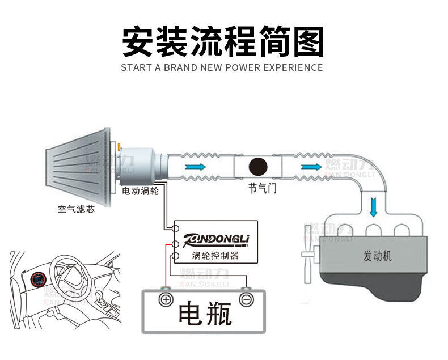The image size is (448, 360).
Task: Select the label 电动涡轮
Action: point(141,191)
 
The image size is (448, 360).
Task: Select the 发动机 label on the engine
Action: point(377,256)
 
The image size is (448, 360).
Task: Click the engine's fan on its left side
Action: point(309,252)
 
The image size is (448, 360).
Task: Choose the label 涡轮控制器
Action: point(215,255)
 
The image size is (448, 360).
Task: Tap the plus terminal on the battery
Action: point(166,299)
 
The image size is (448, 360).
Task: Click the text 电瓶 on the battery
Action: point(205,312)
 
